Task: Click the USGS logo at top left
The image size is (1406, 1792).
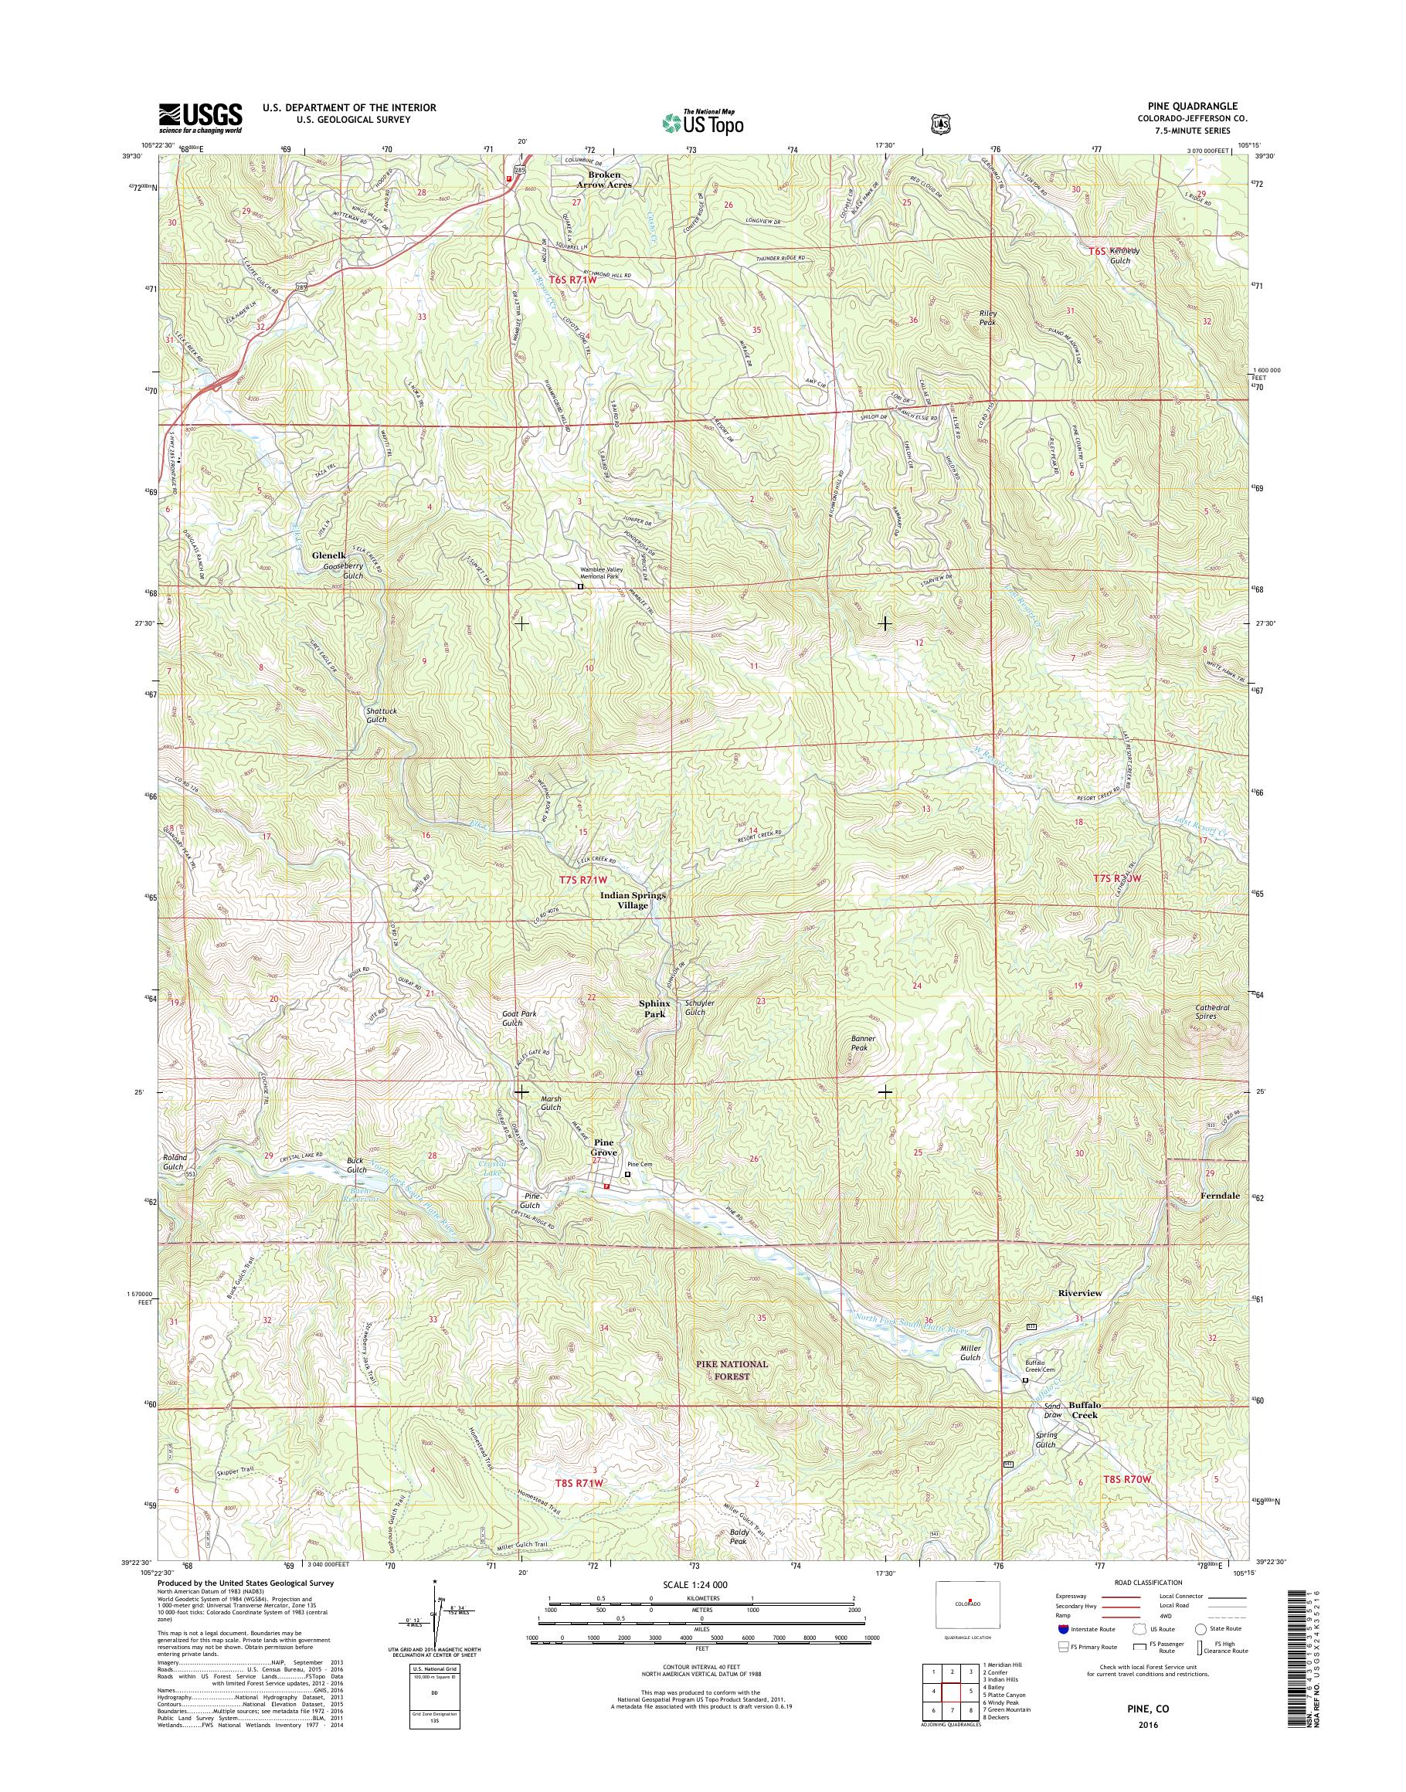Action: (200, 117)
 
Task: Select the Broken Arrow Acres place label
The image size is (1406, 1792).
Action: (610, 180)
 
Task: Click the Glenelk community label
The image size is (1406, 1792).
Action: (328, 555)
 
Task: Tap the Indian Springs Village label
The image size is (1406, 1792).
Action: (633, 900)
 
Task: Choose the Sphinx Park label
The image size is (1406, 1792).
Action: (655, 1010)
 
